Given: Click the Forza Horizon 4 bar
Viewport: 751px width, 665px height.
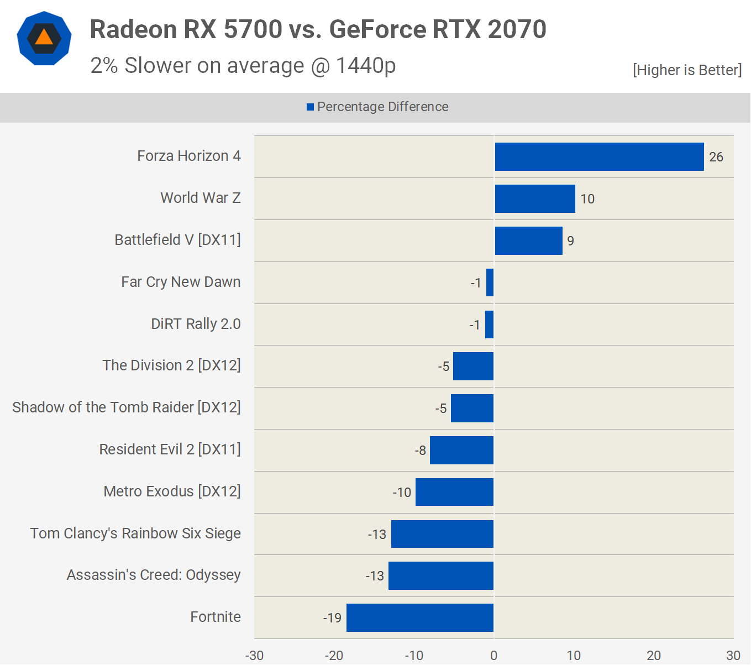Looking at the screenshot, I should (599, 156).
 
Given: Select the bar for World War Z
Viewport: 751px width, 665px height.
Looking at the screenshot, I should (535, 198).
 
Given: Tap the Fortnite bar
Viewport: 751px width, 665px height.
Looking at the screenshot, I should (420, 617).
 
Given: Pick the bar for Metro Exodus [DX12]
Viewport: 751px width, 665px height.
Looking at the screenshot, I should (454, 492).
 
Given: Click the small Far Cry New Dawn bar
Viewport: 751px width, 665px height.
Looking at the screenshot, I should (490, 282).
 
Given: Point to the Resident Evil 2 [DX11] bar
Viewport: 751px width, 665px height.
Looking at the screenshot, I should (461, 450).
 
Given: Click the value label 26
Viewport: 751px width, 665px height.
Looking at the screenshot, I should (716, 157).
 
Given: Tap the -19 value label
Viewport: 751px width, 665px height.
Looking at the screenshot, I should (332, 618).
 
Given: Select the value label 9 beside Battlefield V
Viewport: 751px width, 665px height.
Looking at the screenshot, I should (570, 241).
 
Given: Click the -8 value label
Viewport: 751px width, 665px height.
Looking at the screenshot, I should (421, 451).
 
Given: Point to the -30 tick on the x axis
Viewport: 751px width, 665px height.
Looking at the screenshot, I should (254, 656).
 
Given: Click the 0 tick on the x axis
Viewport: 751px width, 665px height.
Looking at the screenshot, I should (493, 656).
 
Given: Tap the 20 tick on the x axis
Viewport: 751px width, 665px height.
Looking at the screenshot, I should (654, 656).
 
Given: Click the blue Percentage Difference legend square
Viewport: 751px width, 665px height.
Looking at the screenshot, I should (311, 107).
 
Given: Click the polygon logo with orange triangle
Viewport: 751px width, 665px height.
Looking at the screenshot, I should (44, 38).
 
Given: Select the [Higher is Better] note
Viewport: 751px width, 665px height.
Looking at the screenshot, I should (687, 70).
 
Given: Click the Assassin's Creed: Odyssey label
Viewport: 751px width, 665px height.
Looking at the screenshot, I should (154, 575).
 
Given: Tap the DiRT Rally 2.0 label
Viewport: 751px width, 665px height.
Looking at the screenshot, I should (196, 324).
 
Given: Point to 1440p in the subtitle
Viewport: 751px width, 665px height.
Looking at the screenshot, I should (366, 66).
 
